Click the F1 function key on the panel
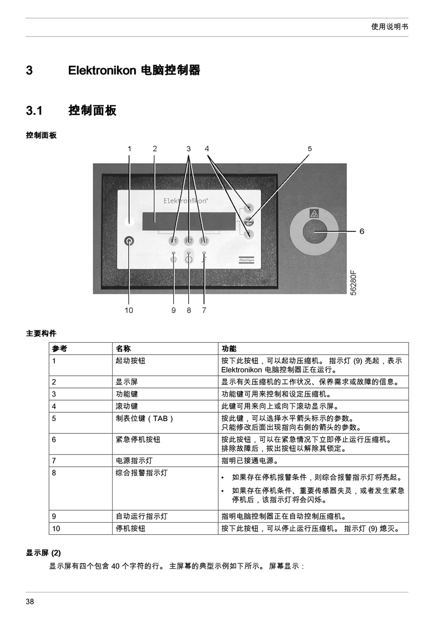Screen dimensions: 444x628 174,241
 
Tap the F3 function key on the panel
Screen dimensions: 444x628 204,241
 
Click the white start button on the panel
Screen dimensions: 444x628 129,220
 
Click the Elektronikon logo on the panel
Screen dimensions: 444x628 185,200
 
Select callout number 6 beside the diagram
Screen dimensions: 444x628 362,231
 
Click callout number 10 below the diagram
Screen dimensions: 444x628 129,310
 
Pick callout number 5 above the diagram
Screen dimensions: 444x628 310,149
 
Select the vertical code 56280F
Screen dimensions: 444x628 353,283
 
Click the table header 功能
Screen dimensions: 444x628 229,348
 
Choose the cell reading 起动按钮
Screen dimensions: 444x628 130,361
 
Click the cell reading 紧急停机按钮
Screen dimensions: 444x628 138,439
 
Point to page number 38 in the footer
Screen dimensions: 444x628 29,601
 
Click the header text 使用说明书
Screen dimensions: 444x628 390,27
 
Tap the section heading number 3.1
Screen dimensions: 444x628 34,110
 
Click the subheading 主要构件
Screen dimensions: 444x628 41,333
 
